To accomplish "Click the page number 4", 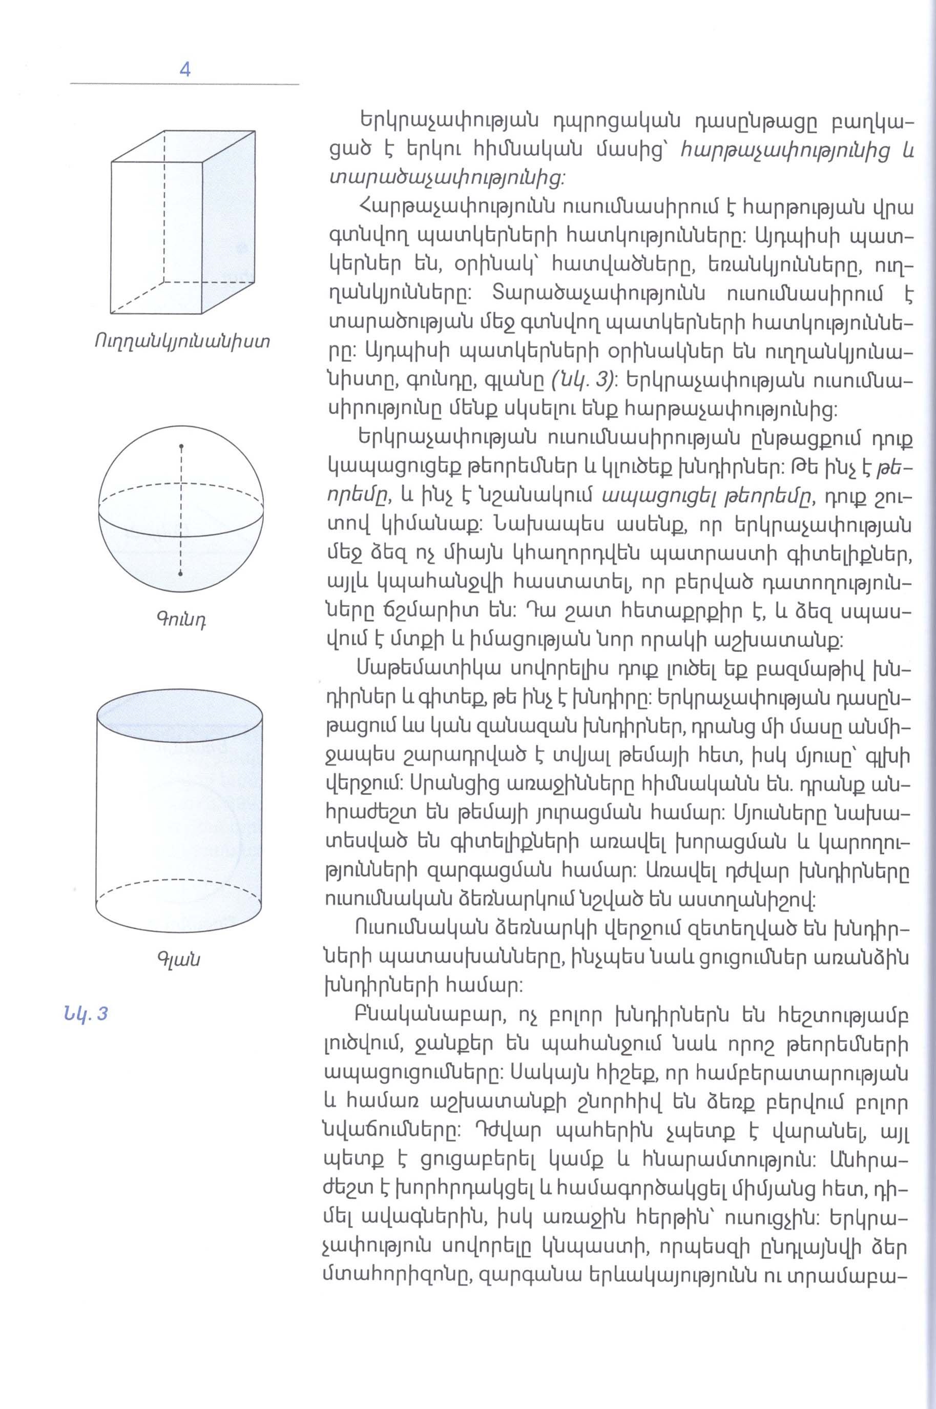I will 184,70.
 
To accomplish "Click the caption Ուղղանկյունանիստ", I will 181,342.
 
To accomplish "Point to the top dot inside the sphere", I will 181,446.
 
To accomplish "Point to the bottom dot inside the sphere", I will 180,574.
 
